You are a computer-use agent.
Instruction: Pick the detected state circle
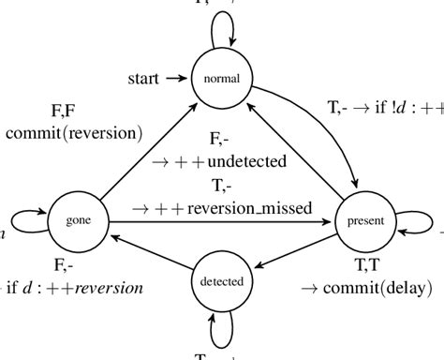click(222, 281)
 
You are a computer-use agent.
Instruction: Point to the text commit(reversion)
click(74, 132)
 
